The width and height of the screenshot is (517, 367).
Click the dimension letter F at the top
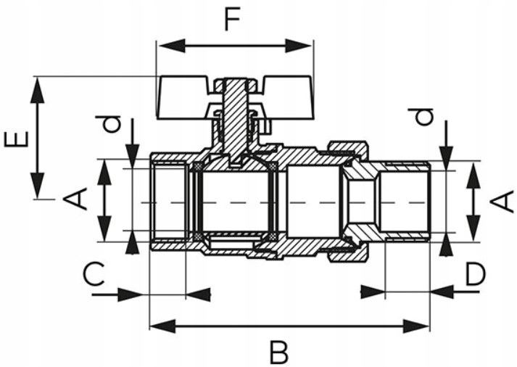[232, 19]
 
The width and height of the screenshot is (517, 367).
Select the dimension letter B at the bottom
[279, 352]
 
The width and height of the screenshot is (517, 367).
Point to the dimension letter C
[94, 273]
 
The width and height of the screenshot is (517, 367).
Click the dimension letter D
[476, 274]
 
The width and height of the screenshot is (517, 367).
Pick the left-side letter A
[75, 199]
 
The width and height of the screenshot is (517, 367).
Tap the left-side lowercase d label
[108, 124]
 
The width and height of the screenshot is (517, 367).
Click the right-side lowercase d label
[420, 117]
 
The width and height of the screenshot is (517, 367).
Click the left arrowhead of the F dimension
[171, 46]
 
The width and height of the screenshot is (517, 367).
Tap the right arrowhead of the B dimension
[415, 326]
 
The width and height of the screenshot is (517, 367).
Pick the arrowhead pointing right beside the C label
[131, 294]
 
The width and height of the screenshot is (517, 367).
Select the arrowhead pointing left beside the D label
[442, 292]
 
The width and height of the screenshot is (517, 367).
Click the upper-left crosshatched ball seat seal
[197, 167]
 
